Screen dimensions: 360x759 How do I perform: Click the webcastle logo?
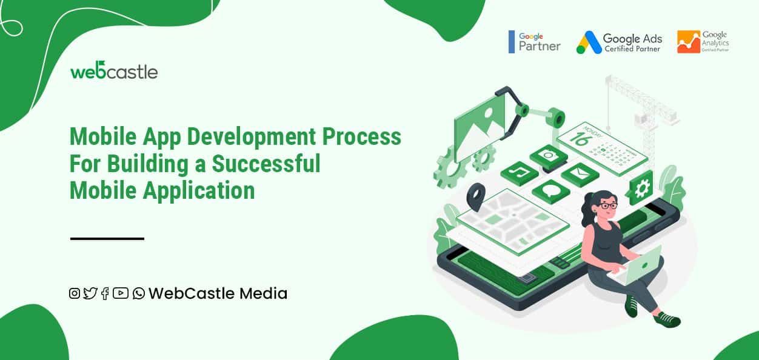tap(114, 71)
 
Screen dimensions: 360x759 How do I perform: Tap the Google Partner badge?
tap(535, 41)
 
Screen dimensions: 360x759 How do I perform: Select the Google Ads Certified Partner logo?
tap(619, 42)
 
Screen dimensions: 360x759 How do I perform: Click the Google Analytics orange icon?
tap(688, 42)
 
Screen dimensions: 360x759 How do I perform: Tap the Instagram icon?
tap(75, 293)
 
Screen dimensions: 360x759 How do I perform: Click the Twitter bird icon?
tap(90, 293)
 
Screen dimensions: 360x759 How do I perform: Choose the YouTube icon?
tap(121, 293)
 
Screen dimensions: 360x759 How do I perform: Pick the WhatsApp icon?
tap(139, 293)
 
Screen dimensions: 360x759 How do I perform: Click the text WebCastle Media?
tap(218, 293)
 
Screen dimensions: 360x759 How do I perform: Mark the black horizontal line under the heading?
tap(107, 239)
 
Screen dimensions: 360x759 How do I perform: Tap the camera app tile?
tap(549, 156)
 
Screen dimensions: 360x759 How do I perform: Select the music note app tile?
tap(520, 173)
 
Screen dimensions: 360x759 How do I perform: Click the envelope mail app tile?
tap(580, 174)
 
